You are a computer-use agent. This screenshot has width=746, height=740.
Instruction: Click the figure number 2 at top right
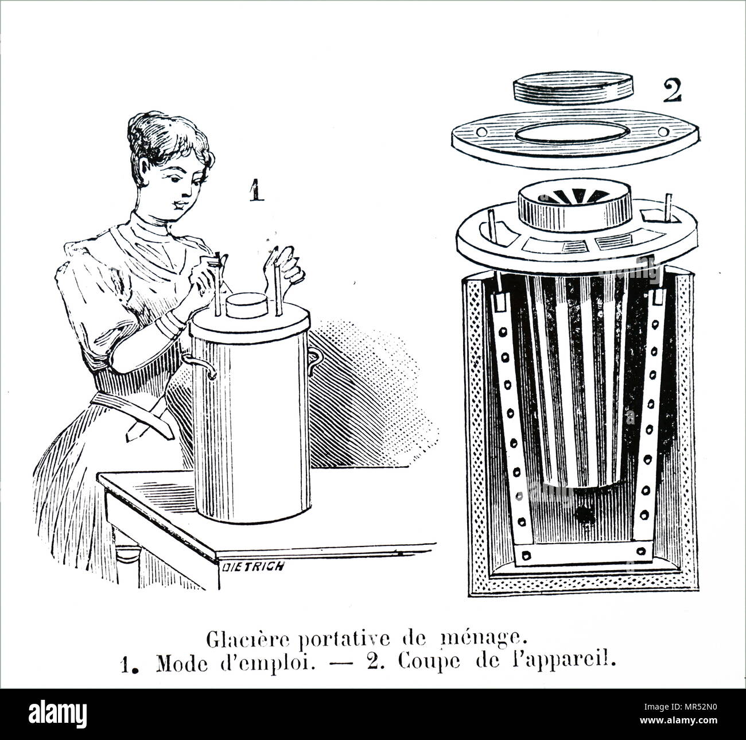[x=673, y=91]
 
